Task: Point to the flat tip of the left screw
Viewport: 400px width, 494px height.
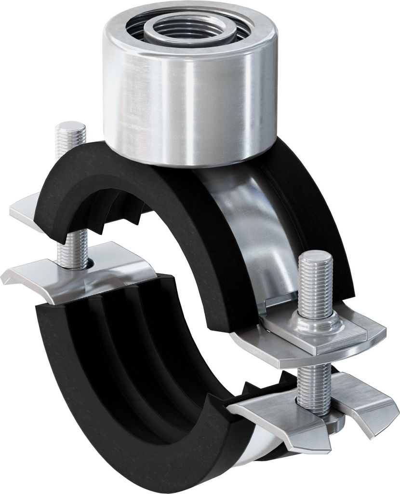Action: [71, 126]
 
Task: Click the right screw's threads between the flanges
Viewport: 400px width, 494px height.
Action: [314, 384]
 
